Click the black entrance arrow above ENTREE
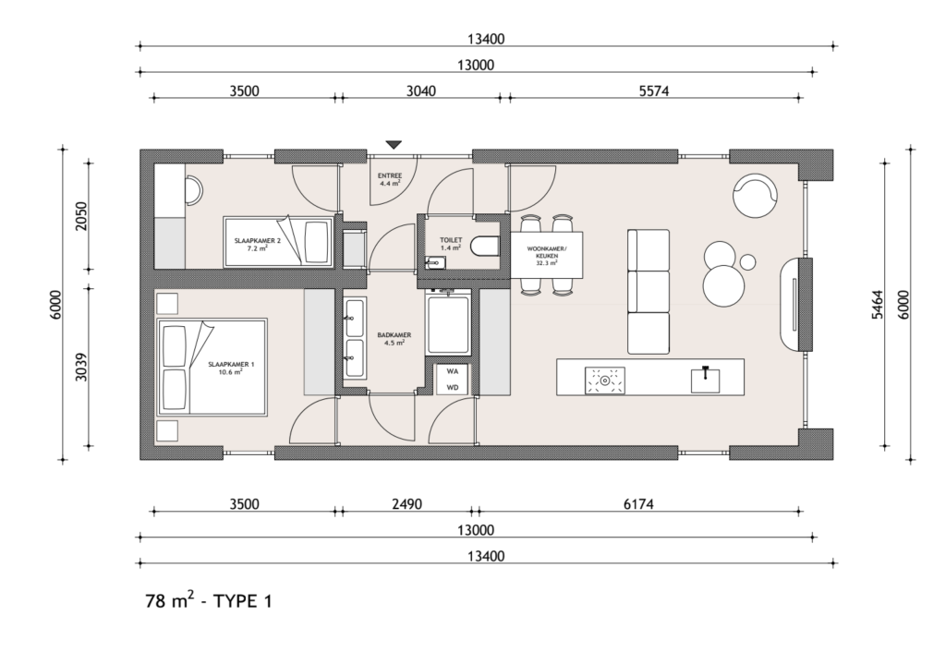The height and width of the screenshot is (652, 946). click(394, 145)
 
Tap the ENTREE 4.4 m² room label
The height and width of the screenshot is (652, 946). click(391, 179)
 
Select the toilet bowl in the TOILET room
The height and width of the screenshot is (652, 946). click(486, 247)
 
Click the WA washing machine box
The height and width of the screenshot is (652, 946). click(453, 371)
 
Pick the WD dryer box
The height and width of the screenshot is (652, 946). click(453, 387)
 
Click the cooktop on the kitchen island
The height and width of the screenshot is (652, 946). click(604, 380)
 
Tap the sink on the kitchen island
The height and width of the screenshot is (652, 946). click(705, 380)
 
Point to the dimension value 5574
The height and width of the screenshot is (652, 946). click(654, 91)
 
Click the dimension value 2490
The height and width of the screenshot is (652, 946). click(407, 503)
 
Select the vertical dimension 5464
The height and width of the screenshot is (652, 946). click(878, 305)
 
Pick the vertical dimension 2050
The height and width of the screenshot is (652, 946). click(81, 216)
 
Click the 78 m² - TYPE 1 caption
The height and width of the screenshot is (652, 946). click(209, 600)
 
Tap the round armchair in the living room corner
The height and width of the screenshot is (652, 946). click(755, 196)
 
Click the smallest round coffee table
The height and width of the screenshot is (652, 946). click(748, 261)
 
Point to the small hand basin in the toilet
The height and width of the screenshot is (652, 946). click(434, 262)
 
